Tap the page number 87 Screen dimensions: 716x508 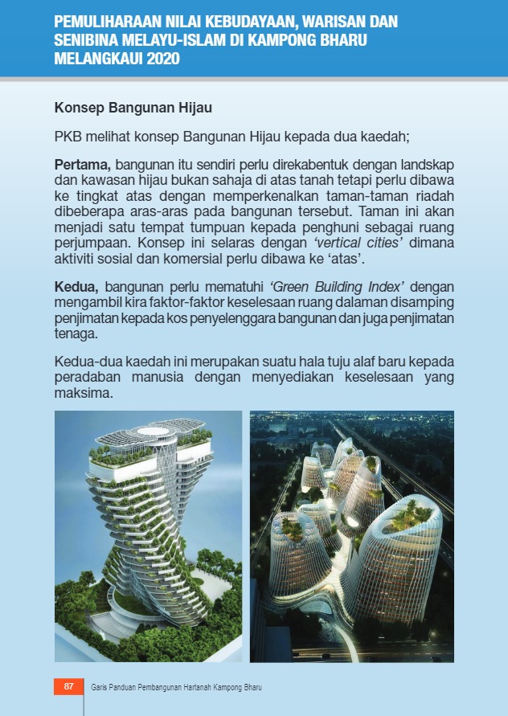pyautogui.click(x=68, y=687)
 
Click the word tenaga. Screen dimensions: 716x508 pyautogui.click(x=76, y=335)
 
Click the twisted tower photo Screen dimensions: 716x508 pyautogui.click(x=148, y=536)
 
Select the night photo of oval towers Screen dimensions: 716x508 pyautogui.click(x=351, y=536)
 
